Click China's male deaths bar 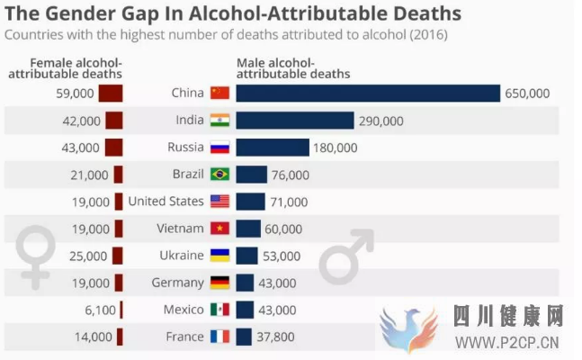(x=367, y=94)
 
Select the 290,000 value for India (x=381, y=121)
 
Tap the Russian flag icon (x=219, y=148)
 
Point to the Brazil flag (x=219, y=175)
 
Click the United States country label (x=166, y=201)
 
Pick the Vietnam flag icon (x=219, y=229)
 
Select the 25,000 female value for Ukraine (x=88, y=256)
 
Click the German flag (x=219, y=283)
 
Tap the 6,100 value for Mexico (x=94, y=310)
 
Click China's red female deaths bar (x=110, y=94)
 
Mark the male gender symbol (x=346, y=256)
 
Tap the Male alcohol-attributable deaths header (x=293, y=67)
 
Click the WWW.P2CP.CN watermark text (x=507, y=342)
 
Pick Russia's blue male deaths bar (x=273, y=148)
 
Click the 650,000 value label (x=527, y=94)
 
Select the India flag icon (x=219, y=121)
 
